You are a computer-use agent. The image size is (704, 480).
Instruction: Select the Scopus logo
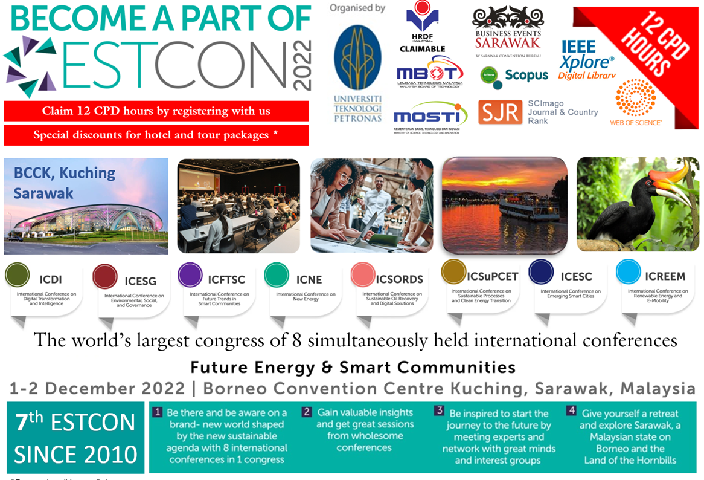tap(514, 76)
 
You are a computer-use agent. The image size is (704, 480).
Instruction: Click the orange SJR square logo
tap(500, 112)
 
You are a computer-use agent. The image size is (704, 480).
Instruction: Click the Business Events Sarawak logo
tap(507, 30)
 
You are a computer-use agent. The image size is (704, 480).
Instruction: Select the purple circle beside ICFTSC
tap(190, 274)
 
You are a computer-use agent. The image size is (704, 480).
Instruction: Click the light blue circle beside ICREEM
tap(629, 272)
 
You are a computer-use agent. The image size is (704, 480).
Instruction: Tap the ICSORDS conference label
tap(399, 279)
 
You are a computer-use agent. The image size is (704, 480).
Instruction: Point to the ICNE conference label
tap(309, 279)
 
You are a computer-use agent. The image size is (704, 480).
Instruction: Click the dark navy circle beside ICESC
tap(541, 272)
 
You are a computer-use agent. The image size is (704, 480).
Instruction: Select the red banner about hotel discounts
tap(156, 135)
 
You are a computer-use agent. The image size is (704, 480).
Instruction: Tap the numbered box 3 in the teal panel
tap(439, 411)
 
